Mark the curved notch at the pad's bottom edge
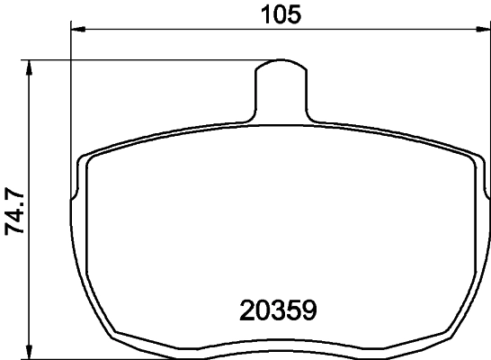pyautogui.click(x=281, y=342)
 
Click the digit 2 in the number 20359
pyautogui.click(x=247, y=311)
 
